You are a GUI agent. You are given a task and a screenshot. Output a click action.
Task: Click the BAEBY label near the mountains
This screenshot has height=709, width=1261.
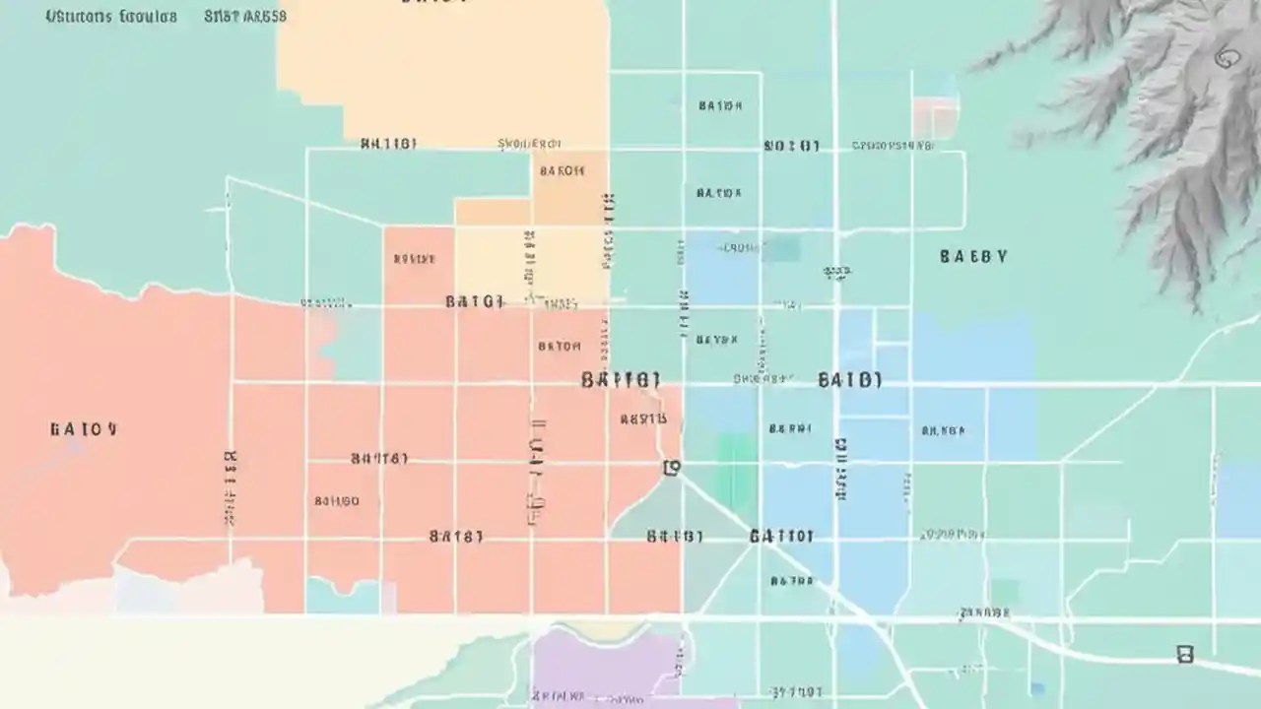(973, 257)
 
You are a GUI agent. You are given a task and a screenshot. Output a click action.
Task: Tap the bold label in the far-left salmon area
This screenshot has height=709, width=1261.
(84, 429)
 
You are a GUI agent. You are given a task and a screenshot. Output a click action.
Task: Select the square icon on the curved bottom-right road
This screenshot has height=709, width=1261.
(1185, 654)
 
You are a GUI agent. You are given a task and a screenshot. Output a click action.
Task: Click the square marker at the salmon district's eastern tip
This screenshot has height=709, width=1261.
(672, 467)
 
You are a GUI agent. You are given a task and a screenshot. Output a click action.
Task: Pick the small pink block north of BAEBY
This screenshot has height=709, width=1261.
(934, 116)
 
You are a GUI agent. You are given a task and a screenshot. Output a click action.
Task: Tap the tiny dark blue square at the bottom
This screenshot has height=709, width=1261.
(1036, 688)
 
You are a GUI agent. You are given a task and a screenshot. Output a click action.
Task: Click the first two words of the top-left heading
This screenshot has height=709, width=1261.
(110, 17)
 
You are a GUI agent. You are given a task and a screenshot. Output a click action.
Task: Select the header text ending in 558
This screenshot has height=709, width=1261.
(245, 17)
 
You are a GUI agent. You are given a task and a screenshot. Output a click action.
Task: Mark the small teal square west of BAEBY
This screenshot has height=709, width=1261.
(783, 248)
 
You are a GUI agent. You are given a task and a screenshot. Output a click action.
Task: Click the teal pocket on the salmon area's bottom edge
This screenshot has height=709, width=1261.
(340, 595)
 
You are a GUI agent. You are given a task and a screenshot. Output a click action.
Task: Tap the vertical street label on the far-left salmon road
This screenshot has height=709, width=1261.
(231, 487)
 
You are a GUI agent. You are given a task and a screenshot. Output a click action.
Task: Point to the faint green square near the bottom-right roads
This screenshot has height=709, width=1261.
(1004, 591)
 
